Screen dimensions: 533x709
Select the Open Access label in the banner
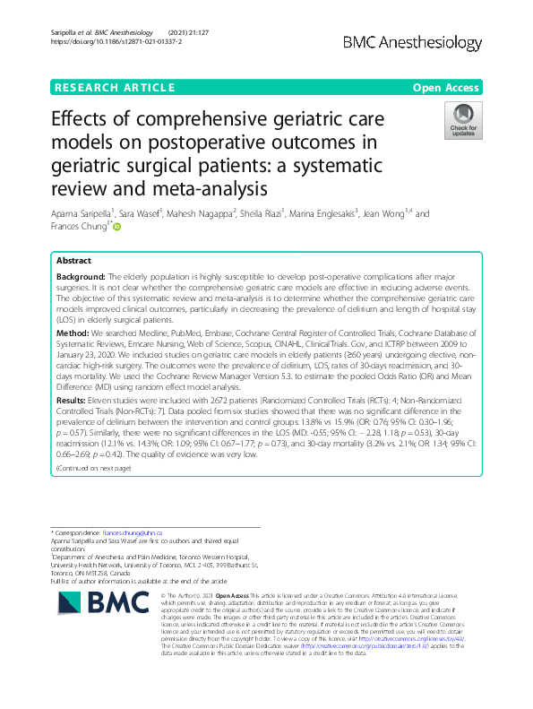447,88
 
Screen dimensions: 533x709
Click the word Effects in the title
83,122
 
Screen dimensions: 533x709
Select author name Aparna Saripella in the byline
82,214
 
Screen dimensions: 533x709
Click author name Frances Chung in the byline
78,228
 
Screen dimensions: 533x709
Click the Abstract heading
73,261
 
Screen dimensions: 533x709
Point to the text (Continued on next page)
93,468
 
